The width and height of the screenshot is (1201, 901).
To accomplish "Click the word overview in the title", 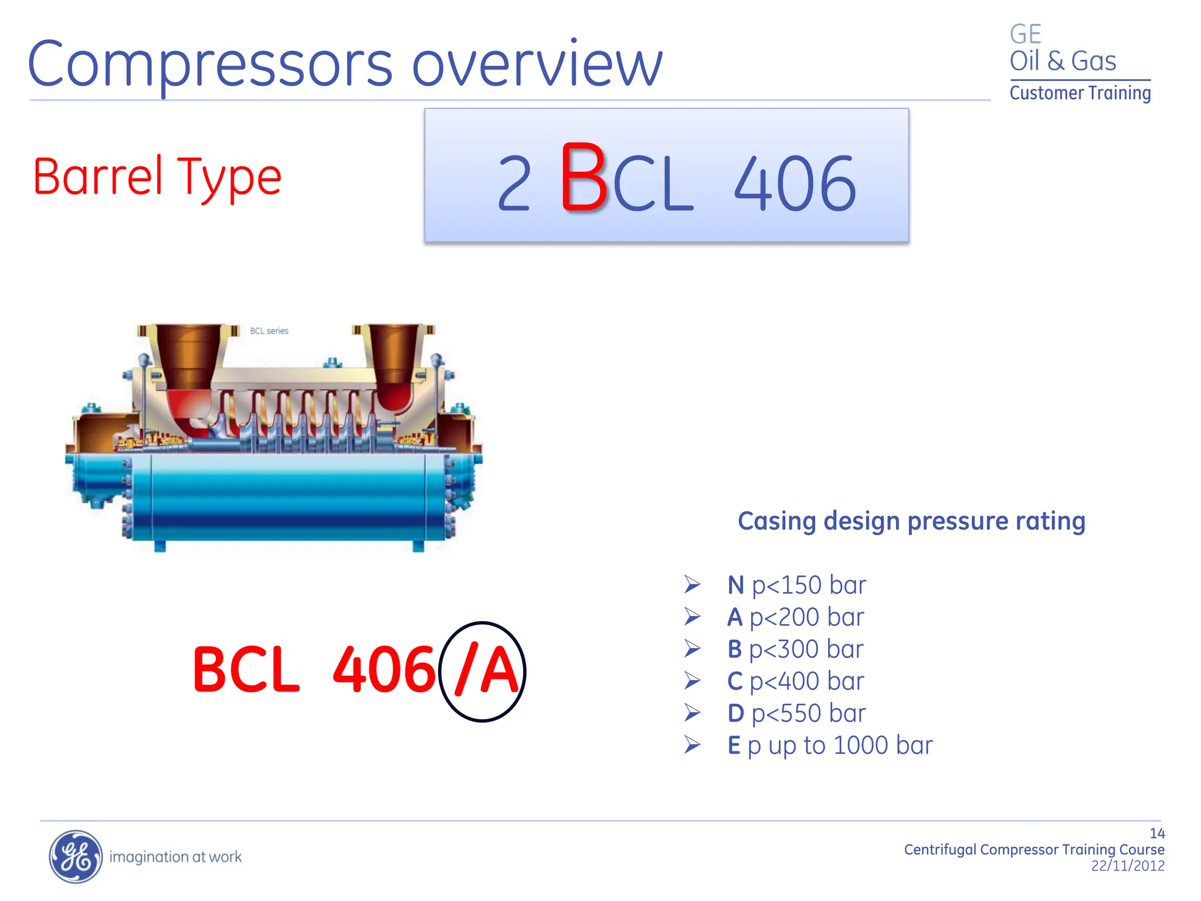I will tap(537, 65).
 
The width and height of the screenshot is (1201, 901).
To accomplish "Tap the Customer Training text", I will tap(1080, 93).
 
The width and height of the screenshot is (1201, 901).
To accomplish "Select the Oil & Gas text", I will tap(1062, 61).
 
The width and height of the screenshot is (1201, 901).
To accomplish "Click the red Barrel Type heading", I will tap(157, 177).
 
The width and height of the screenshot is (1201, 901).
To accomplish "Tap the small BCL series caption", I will tap(269, 331).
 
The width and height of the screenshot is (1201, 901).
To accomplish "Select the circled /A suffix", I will tap(483, 671).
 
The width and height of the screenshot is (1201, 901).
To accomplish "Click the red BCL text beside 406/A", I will tap(246, 670).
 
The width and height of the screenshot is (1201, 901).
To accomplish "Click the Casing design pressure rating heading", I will tap(911, 521).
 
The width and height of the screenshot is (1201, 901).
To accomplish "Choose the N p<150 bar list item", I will tap(796, 585).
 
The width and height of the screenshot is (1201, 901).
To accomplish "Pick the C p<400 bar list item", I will tap(795, 681).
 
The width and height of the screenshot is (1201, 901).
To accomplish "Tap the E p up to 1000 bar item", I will tap(829, 746).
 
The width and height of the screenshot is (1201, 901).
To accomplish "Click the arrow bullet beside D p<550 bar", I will tap(693, 713).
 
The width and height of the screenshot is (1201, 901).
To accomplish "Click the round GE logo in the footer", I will tap(75, 856).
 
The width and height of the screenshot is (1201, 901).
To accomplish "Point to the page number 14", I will tap(1156, 834).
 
